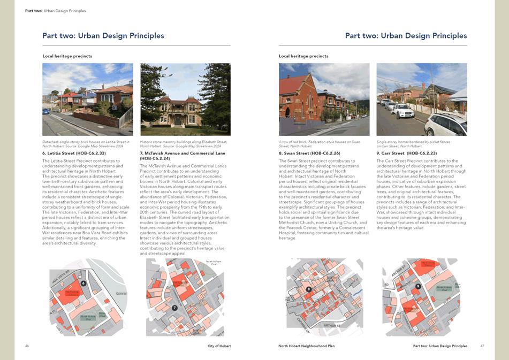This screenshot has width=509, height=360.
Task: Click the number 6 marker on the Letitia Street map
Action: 83,283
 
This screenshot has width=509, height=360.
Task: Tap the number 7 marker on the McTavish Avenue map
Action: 174,308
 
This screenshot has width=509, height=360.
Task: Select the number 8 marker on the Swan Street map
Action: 309,289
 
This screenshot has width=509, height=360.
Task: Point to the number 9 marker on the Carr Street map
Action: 418,286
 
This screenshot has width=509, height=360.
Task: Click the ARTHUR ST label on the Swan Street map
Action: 332,325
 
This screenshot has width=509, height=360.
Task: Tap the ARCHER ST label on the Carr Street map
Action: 398,271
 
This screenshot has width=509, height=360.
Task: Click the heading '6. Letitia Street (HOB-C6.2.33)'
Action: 74,154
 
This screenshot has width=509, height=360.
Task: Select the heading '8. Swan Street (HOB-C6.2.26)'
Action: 309,154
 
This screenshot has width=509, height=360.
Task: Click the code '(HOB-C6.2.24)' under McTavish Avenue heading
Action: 155,158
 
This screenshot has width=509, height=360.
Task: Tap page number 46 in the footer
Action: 27,346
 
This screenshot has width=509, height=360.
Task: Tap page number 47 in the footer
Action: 482,346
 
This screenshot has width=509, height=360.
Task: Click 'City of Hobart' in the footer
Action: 219,346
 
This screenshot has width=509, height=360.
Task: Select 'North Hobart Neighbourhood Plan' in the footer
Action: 307,346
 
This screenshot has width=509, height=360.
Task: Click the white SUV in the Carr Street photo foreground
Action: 445,125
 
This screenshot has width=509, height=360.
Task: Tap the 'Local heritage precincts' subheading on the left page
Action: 67,56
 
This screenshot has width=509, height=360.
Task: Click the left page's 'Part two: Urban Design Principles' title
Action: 103,36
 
